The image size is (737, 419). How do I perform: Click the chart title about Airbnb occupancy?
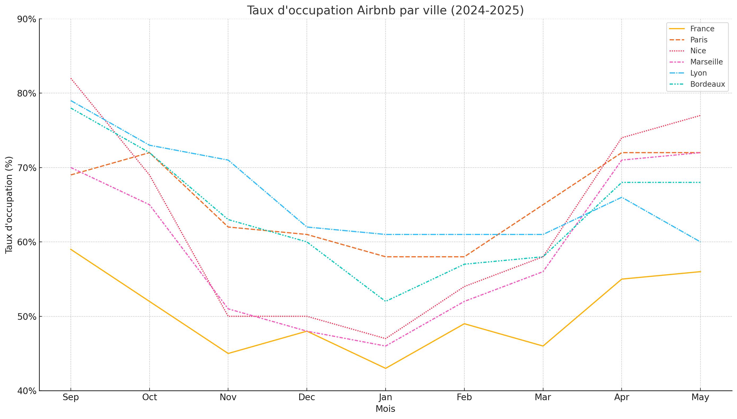[385, 10]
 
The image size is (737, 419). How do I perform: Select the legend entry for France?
[702, 29]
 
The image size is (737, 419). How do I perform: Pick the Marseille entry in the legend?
[706, 62]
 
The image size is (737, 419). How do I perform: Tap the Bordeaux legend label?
[707, 84]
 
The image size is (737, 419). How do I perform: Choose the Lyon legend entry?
[698, 73]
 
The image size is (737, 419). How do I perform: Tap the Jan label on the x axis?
[385, 398]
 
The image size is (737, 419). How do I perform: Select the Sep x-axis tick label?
[71, 398]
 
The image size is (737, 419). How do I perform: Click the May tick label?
[700, 398]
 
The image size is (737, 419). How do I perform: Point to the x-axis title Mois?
[385, 409]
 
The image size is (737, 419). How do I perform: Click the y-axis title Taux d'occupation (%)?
[9, 205]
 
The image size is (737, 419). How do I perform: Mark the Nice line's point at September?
[71, 78]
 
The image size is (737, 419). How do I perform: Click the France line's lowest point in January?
[385, 368]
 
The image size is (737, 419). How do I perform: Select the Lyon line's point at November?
[228, 160]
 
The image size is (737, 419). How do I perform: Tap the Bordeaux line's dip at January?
[385, 301]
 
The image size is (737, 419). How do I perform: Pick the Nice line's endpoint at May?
[700, 115]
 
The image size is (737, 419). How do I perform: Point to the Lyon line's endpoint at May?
[700, 242]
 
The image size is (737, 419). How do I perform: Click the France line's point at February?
[464, 324]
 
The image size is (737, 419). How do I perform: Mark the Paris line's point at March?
[543, 205]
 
